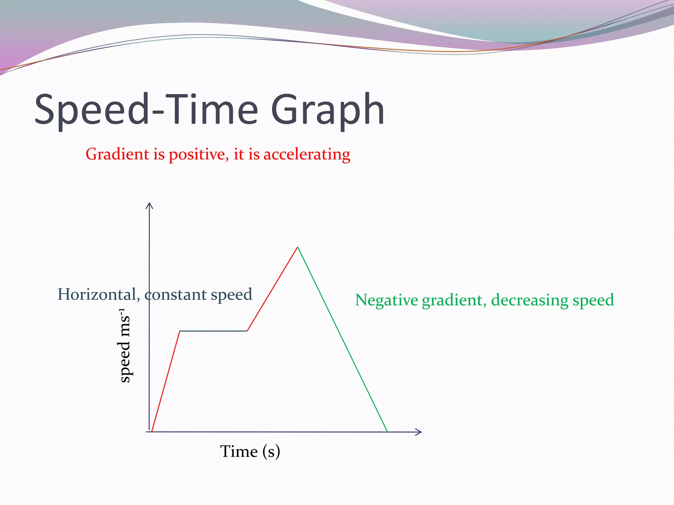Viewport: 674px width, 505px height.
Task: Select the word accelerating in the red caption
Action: coord(307,155)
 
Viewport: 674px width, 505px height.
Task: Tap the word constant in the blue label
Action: coord(175,295)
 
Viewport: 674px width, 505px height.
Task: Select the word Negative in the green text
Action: coord(386,300)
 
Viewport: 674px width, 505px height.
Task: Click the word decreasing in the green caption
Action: coord(529,301)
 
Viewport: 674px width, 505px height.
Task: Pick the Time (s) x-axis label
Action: coord(250,451)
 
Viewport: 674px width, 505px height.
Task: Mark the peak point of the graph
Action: coord(298,247)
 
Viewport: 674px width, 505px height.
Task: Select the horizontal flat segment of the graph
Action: coord(213,331)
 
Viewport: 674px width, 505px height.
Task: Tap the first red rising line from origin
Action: coord(166,381)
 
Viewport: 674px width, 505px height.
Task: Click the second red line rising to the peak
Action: coord(272,289)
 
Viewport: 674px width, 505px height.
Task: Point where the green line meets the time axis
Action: coord(387,431)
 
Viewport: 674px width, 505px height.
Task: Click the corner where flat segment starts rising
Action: coord(247,331)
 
